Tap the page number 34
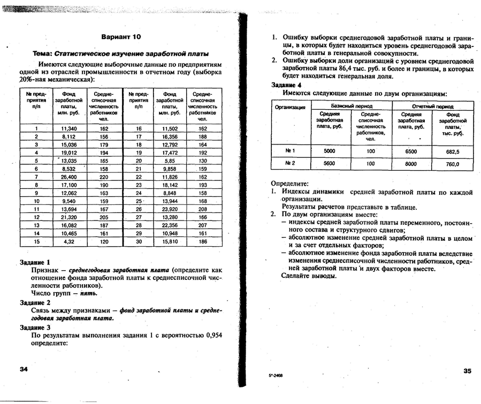click(24, 370)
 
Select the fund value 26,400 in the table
click(70, 177)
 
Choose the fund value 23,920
click(170, 209)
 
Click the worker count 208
click(203, 209)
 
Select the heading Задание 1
click(35, 263)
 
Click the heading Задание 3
click(35, 327)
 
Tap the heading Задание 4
click(286, 85)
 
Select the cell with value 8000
click(410, 164)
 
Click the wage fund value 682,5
click(453, 151)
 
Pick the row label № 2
click(290, 164)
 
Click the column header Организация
click(290, 107)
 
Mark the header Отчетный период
click(433, 106)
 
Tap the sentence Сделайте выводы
click(309, 276)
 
